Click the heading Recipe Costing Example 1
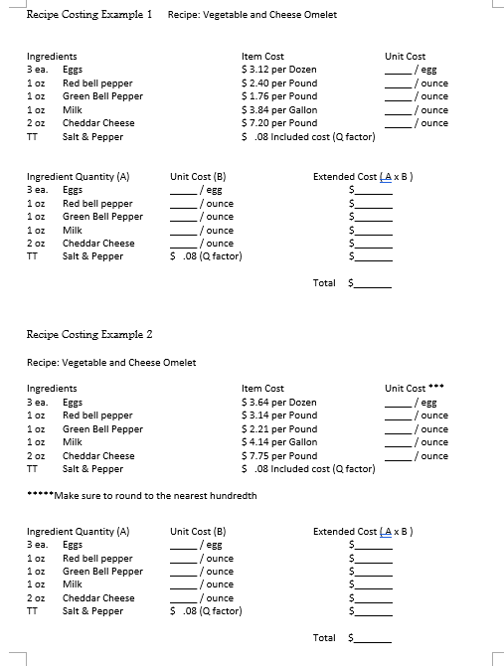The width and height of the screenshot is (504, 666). [87, 15]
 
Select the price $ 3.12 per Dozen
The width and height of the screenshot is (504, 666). [279, 70]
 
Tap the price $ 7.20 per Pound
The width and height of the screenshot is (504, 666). [279, 123]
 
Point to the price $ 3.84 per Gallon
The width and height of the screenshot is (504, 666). [279, 110]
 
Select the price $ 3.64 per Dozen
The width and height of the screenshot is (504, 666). [279, 402]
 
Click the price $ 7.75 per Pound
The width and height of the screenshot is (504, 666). [279, 455]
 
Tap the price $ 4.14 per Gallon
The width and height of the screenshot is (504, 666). [279, 442]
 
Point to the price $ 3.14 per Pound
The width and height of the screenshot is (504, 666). [279, 416]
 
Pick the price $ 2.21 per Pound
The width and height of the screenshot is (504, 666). [279, 428]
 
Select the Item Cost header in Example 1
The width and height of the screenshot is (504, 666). [262, 57]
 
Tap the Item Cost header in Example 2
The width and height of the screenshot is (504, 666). [262, 388]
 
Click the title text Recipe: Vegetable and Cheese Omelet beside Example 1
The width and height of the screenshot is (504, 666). [252, 15]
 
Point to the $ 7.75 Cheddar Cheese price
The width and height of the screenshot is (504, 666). [279, 455]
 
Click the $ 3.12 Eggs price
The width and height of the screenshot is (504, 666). [279, 70]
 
